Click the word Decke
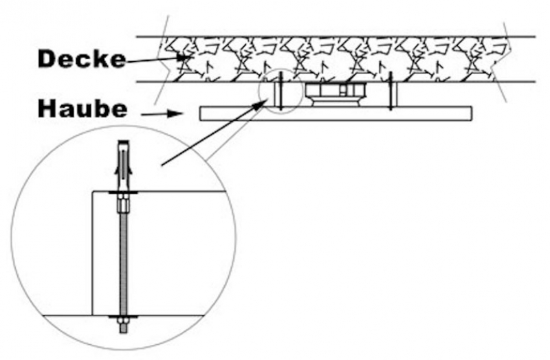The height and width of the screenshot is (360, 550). [x=81, y=59]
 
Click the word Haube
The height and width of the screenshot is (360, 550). [x=82, y=109]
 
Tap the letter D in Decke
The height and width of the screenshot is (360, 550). [x=46, y=59]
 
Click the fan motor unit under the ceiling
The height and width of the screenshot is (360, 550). [x=334, y=93]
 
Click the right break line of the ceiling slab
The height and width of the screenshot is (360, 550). [x=506, y=59]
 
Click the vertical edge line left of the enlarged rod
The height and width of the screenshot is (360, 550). [x=92, y=254]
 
